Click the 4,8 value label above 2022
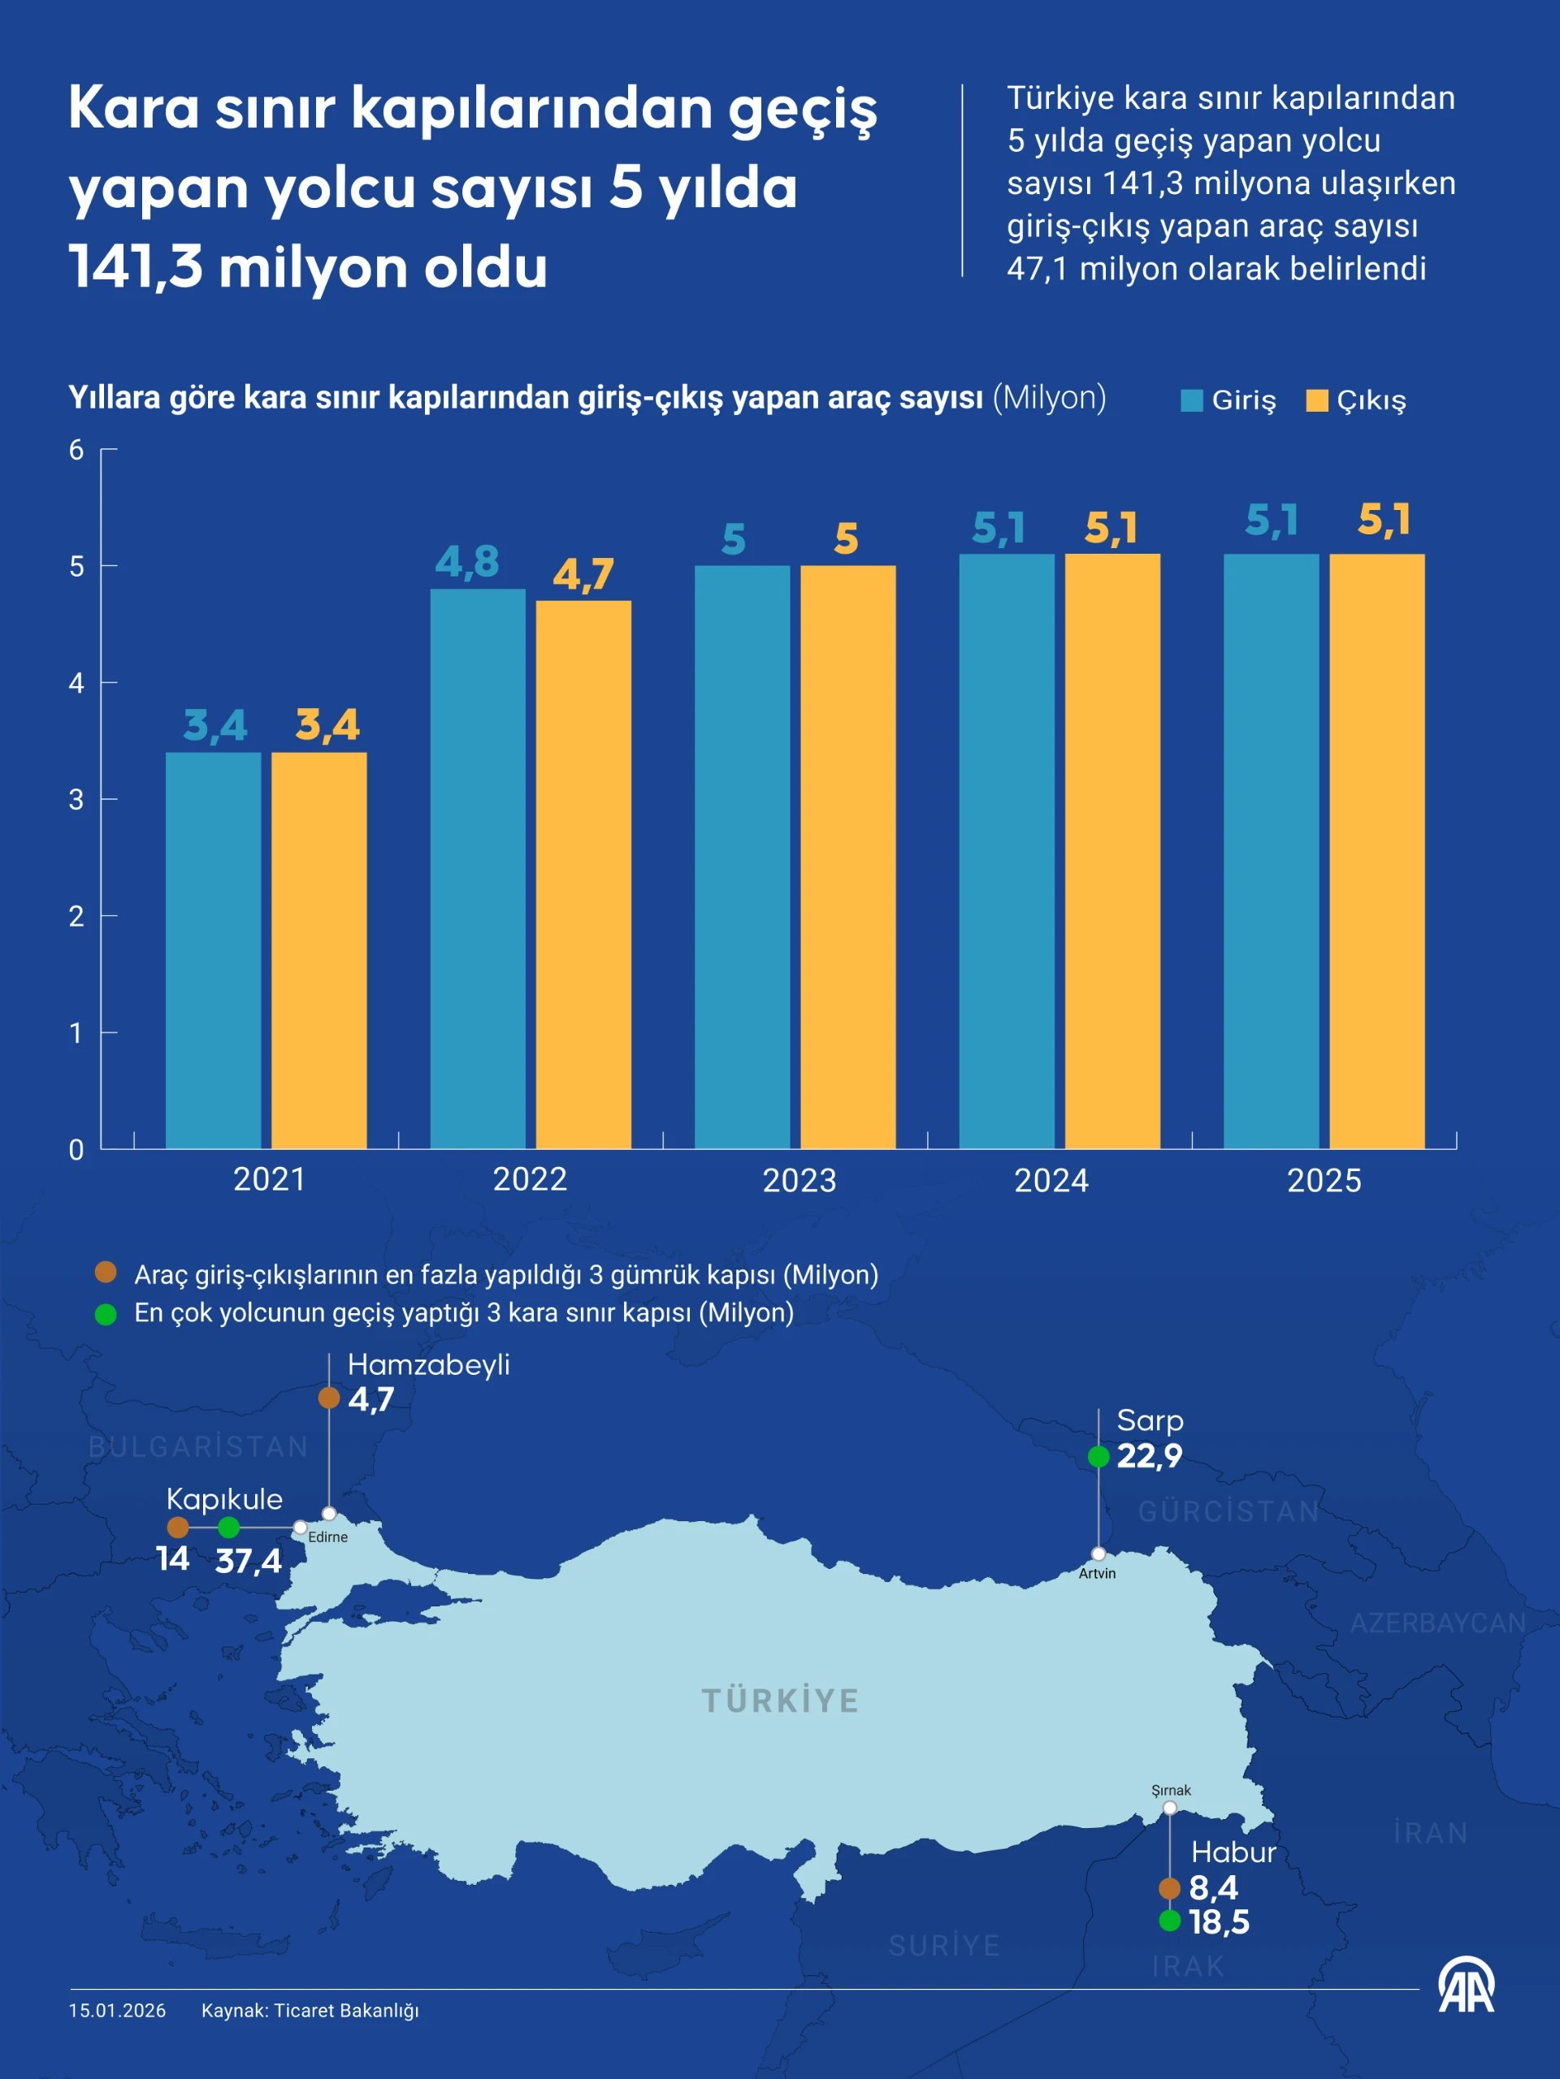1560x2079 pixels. pyautogui.click(x=466, y=562)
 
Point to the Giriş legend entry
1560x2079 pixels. pyautogui.click(x=1229, y=400)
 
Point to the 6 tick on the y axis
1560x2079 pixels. pyautogui.click(x=76, y=450)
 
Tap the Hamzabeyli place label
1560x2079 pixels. pyautogui.click(x=428, y=1364)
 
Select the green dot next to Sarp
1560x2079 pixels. pyautogui.click(x=1098, y=1456)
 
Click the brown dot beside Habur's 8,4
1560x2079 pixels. pyautogui.click(x=1169, y=1887)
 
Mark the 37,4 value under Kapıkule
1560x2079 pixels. pyautogui.click(x=249, y=1561)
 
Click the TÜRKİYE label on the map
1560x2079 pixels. pyautogui.click(x=781, y=1701)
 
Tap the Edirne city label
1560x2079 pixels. pyautogui.click(x=327, y=1537)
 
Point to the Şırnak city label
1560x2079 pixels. pyautogui.click(x=1171, y=1791)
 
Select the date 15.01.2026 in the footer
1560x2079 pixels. pyautogui.click(x=118, y=2011)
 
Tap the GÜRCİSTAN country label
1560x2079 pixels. pyautogui.click(x=1228, y=1511)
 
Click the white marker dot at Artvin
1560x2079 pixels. pyautogui.click(x=1098, y=1554)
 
